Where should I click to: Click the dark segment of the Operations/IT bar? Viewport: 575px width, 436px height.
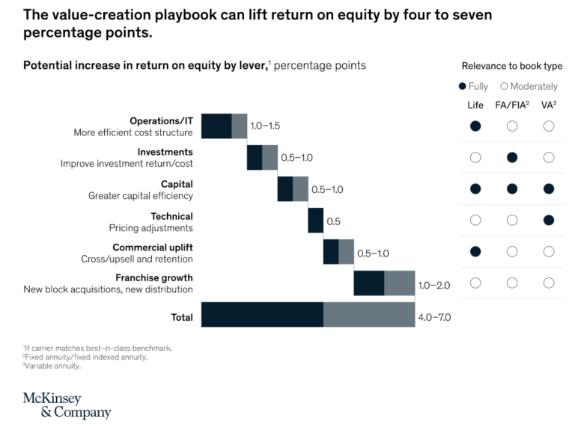coord(216,126)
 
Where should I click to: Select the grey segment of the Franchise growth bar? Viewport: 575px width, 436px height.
coord(399,283)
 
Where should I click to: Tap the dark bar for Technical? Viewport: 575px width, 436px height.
coord(315,221)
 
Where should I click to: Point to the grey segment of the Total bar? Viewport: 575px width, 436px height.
coord(368,315)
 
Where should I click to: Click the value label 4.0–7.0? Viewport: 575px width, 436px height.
coord(434,317)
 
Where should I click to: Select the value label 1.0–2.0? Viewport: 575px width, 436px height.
coord(434,285)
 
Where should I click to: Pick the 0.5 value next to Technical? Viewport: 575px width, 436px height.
coord(333,222)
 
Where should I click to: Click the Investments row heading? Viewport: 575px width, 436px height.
coord(165,152)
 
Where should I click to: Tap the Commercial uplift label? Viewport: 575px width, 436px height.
coord(152,248)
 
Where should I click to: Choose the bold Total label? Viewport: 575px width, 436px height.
coord(182,317)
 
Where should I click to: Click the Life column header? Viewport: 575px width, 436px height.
coord(475,105)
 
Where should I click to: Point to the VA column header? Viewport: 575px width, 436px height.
coord(549,105)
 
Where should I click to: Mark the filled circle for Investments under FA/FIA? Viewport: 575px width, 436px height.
coord(512,157)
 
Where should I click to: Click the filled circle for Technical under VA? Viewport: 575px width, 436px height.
coord(549,220)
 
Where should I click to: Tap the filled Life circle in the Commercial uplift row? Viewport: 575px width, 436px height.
coord(475,251)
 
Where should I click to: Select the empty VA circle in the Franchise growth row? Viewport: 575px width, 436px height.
coord(549,283)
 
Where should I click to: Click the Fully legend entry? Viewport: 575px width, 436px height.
coord(473,86)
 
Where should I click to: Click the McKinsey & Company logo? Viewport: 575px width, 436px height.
coord(67,405)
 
